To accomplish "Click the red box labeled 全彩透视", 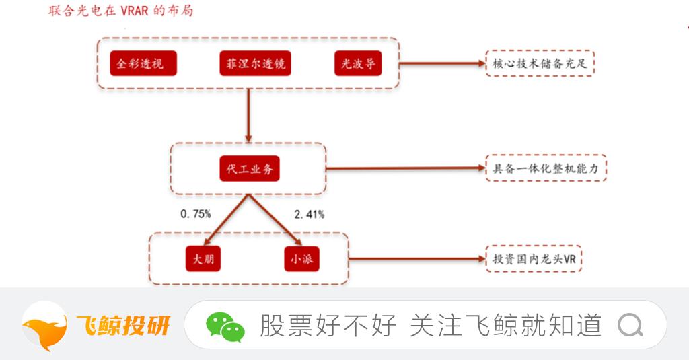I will click(142, 64).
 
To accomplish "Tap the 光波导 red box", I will click(357, 64).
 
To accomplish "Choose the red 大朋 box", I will click(203, 259).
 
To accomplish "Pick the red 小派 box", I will click(301, 259).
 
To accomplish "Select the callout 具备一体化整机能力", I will click(546, 169).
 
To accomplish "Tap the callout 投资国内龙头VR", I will click(534, 259).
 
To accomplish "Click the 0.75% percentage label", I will click(196, 214).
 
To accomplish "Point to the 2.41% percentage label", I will click(310, 214).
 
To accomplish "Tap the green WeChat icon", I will click(225, 326).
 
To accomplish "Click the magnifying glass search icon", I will click(630, 326).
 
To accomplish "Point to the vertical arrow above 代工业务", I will click(249, 114).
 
